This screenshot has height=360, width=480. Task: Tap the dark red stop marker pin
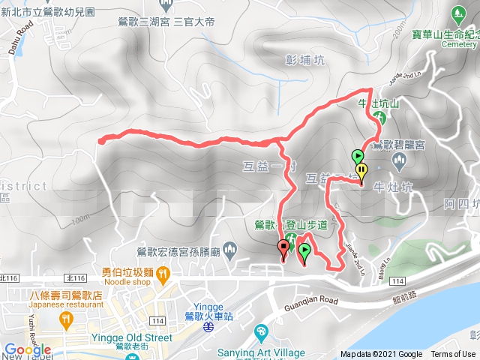coord(283,248)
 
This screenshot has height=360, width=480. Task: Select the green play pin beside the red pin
coord(304,253)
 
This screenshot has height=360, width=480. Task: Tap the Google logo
coord(27,349)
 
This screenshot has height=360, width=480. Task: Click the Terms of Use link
coord(452,354)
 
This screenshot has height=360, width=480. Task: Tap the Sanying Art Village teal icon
coord(260,331)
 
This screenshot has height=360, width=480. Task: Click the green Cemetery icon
coord(458,14)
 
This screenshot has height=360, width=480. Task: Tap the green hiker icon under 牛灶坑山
coord(380,118)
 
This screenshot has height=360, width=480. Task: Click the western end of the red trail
coord(100,139)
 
